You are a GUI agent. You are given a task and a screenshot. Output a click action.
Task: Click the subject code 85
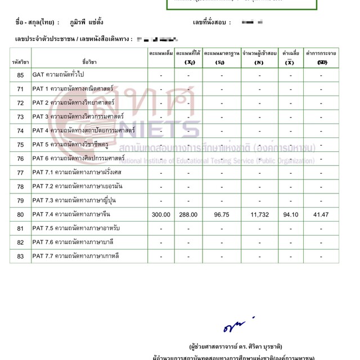21,75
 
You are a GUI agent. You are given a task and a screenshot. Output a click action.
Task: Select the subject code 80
21,214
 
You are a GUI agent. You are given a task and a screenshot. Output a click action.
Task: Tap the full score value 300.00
161,214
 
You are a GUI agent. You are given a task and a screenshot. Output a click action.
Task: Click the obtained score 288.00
188,214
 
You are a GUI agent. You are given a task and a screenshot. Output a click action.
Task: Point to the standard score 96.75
222,214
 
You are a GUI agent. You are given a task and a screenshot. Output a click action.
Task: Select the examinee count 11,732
259,214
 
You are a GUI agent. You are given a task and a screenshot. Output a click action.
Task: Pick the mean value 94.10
290,214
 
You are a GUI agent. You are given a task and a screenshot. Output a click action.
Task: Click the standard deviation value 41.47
321,214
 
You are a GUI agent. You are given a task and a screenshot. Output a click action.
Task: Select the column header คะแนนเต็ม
161,52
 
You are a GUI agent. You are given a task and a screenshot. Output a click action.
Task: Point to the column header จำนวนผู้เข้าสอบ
259,52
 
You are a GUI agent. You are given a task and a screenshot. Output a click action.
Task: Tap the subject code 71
21,89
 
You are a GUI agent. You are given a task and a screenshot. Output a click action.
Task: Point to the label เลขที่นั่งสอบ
212,23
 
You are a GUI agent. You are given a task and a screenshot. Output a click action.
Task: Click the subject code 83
21,256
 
